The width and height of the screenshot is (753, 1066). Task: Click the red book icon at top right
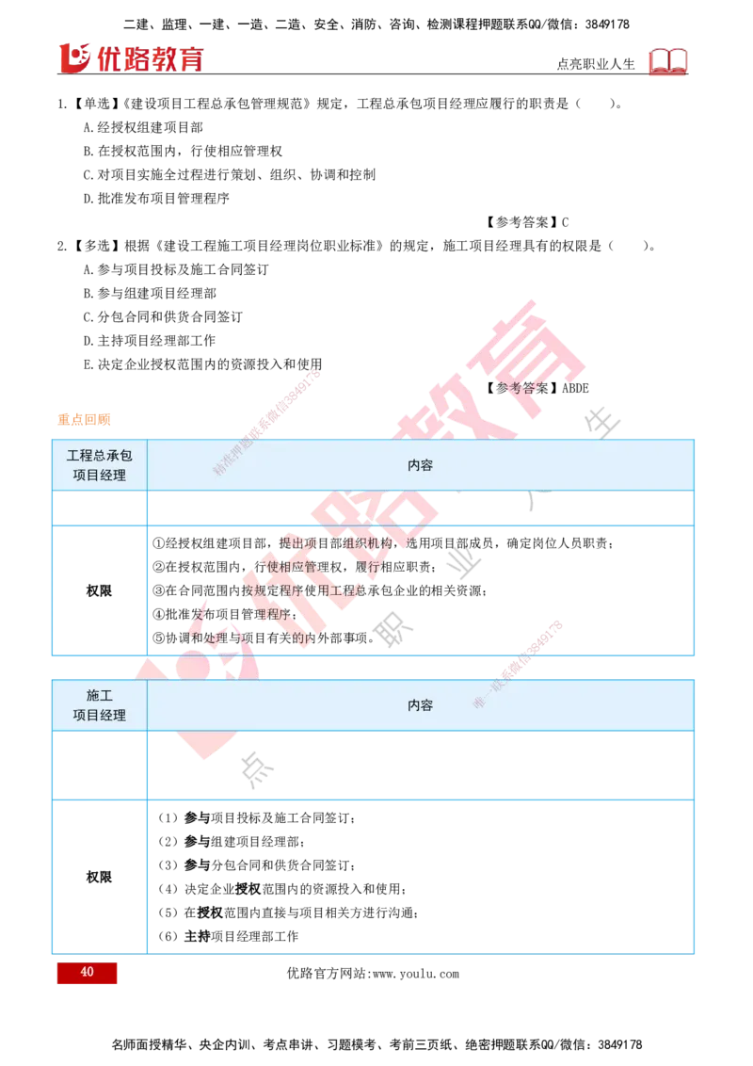click(669, 62)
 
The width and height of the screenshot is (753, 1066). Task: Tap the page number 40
click(87, 973)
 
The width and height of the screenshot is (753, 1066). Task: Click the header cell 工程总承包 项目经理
click(100, 465)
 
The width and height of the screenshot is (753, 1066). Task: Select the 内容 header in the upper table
click(421, 465)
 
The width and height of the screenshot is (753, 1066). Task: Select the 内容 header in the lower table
click(421, 705)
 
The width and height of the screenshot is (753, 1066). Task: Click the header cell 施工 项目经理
click(100, 705)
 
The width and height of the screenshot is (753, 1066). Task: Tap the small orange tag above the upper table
click(84, 418)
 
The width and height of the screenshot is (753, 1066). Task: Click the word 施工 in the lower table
click(100, 695)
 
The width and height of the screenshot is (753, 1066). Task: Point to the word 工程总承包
click(100, 455)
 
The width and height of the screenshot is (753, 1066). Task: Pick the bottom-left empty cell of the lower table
click(100, 877)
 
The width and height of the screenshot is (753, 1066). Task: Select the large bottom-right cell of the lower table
click(421, 877)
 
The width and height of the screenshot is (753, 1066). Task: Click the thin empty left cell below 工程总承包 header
click(100, 508)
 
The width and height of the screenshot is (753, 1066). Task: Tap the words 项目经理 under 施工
click(100, 716)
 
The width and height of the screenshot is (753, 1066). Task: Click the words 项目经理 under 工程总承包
click(100, 476)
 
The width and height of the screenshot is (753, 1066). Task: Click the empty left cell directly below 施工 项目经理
click(100, 767)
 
